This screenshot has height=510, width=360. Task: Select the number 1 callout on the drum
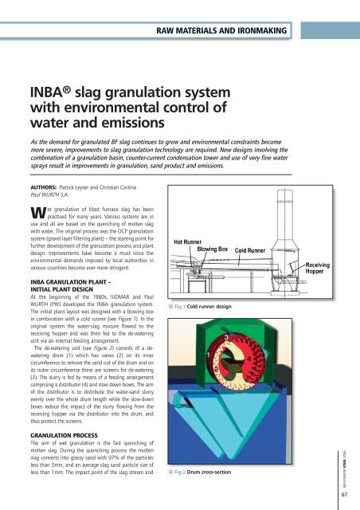tap(208, 355)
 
